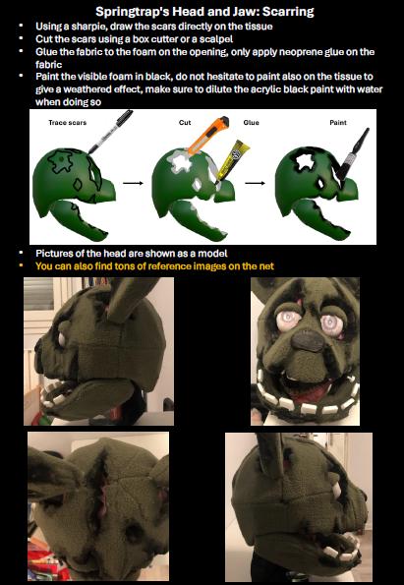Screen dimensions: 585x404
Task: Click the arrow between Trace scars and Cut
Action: point(129,182)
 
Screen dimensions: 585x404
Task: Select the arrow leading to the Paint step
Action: point(257,182)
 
